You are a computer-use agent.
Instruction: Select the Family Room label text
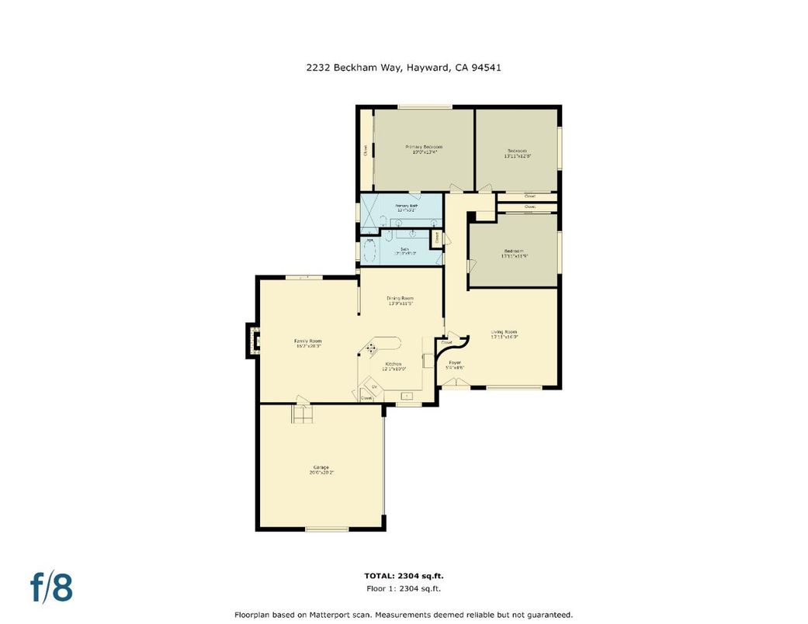(x=307, y=343)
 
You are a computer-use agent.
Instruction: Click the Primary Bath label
(x=407, y=207)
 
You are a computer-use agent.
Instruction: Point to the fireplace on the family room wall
(x=252, y=340)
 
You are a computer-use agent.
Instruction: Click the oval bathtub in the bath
(x=369, y=251)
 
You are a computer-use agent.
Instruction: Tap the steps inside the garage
(x=302, y=415)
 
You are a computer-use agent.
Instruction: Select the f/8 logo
(x=52, y=588)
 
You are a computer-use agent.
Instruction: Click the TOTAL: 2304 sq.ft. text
(x=404, y=576)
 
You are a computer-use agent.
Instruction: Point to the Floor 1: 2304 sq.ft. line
(x=404, y=589)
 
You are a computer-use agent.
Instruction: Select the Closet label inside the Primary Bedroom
(x=366, y=151)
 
